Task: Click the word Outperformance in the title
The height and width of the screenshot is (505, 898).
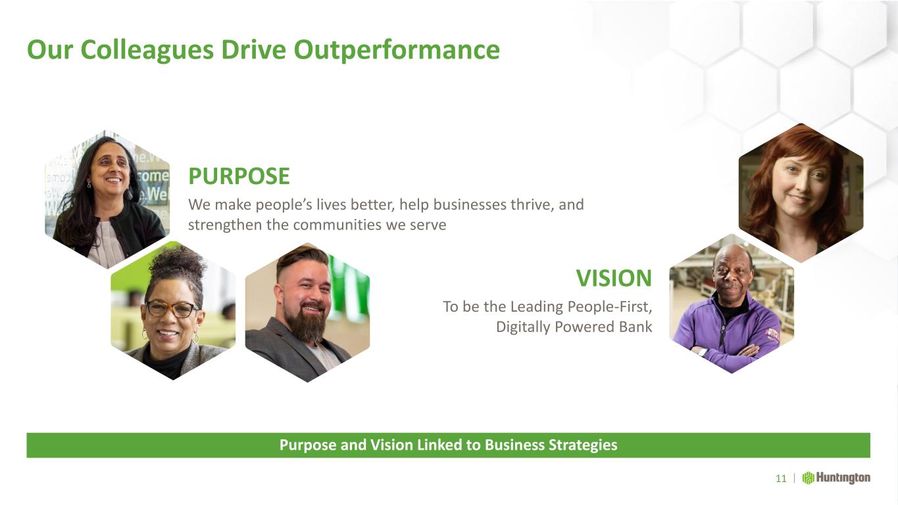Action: click(397, 51)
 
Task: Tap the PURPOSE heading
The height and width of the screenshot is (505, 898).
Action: click(239, 176)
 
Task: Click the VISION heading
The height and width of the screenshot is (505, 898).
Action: click(614, 277)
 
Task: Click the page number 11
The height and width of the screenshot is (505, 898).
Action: click(781, 479)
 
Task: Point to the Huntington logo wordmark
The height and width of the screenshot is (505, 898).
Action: click(843, 478)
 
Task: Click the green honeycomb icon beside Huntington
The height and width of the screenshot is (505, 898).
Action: click(808, 478)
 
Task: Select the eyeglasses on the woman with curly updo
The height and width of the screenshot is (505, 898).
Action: click(172, 309)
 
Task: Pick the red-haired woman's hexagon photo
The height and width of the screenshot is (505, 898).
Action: click(801, 193)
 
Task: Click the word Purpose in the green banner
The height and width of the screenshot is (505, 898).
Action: click(308, 445)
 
